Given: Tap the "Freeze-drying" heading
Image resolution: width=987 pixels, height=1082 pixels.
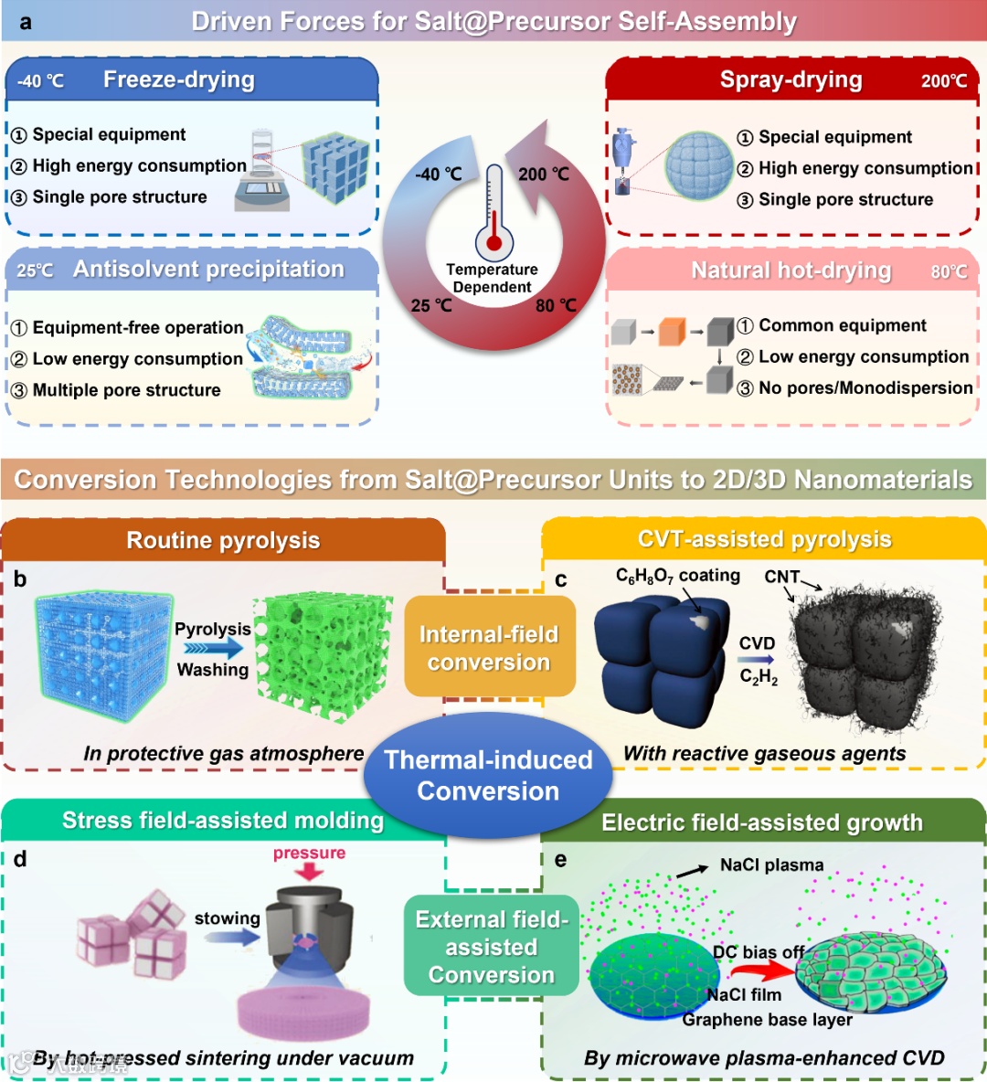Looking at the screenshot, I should tap(178, 80).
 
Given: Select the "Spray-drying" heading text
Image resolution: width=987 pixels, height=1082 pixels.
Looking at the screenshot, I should tap(791, 80).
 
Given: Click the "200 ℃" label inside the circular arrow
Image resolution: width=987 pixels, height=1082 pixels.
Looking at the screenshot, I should tap(544, 174).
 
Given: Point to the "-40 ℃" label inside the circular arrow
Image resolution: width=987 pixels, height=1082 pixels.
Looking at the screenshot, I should tap(438, 174).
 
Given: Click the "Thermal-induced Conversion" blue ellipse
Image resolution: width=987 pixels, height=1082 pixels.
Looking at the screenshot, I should tap(488, 775).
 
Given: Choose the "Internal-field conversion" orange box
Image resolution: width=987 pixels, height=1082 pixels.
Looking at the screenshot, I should tap(489, 647).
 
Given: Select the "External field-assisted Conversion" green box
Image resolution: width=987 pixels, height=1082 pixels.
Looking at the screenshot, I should tap(492, 947).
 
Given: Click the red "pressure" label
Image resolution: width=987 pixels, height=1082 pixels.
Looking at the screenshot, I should tap(309, 853).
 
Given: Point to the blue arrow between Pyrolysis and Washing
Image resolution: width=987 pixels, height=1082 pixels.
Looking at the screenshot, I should tap(213, 649).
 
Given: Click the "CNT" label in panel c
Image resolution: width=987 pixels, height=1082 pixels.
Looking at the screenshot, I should tap(781, 577).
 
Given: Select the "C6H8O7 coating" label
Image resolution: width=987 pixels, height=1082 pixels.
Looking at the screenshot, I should tap(677, 576).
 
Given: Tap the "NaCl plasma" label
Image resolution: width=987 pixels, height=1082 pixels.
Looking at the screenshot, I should tap(771, 865).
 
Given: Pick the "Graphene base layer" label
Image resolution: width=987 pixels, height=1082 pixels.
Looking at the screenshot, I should tap(767, 1019).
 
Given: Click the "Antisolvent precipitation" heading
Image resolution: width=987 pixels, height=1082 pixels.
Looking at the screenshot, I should tap(208, 269).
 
